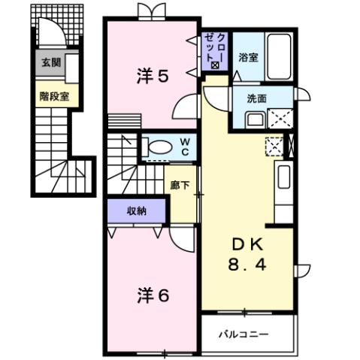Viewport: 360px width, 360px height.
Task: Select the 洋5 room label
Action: [x=151, y=77]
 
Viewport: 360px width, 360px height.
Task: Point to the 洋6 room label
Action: [x=153, y=295]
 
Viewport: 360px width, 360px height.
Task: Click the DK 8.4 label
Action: [x=245, y=256]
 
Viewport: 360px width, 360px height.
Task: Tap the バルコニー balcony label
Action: [x=244, y=334]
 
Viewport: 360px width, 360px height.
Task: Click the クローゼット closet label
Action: [x=216, y=50]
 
